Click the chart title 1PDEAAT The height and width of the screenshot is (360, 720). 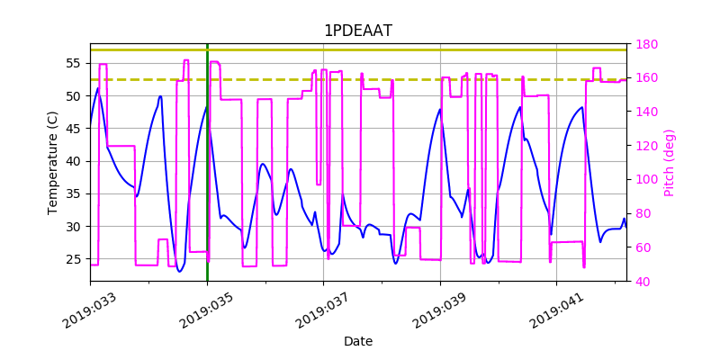[358, 31]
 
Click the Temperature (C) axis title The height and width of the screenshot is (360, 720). [53, 162]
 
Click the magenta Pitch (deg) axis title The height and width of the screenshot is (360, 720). [669, 163]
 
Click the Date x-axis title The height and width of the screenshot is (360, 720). [358, 341]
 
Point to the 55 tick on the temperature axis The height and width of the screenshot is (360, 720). [74, 63]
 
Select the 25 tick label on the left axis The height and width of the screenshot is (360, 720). [74, 259]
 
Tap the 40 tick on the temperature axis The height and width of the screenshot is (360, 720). [74, 161]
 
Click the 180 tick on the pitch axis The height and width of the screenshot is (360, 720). [648, 44]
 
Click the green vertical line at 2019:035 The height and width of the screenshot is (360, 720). [207, 180]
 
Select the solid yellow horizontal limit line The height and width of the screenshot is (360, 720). [360, 49]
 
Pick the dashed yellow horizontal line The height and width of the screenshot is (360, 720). [360, 79]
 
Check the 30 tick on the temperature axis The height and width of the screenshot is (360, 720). [74, 227]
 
